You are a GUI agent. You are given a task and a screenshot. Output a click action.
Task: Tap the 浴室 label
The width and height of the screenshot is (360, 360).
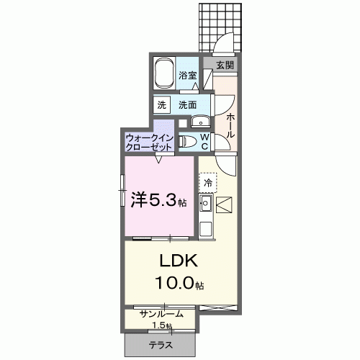point(188,75)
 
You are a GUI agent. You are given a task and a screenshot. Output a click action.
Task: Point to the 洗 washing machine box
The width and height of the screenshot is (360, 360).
point(161,104)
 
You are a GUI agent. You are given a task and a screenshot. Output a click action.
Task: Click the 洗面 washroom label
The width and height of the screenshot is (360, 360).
point(188,104)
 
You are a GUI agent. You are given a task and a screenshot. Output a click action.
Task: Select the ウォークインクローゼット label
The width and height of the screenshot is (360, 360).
point(149,140)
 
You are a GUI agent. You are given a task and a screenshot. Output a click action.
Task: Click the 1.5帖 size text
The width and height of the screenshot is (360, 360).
point(180,325)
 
